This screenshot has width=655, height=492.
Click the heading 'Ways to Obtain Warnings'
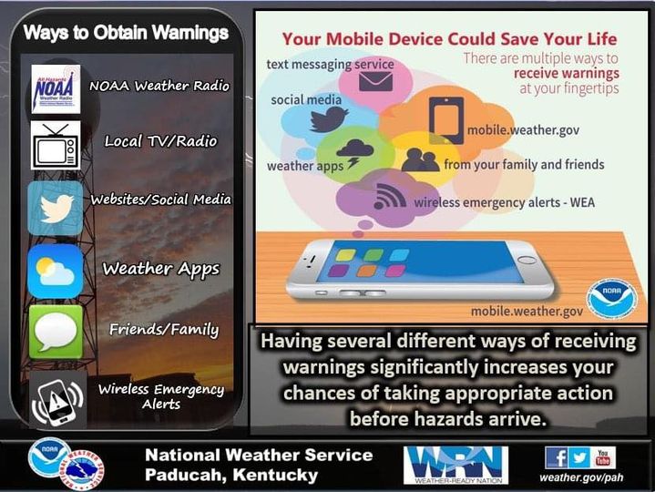[x=126, y=34]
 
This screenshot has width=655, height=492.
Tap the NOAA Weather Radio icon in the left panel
[x=56, y=87]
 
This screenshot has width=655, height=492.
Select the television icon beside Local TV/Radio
[x=56, y=144]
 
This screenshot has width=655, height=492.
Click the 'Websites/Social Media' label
[x=160, y=200]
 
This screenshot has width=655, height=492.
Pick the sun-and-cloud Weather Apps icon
[x=56, y=271]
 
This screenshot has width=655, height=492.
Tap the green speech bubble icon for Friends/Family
[x=56, y=331]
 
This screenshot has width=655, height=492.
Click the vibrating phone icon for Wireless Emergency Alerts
[x=56, y=399]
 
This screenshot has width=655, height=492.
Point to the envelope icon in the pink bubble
[x=374, y=82]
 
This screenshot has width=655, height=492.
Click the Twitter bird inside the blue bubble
[x=329, y=119]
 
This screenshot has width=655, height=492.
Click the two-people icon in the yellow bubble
[x=420, y=160]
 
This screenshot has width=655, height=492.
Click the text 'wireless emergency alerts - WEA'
[x=504, y=202]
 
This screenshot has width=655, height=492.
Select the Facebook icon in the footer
[x=556, y=457]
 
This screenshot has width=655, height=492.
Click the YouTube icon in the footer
[x=603, y=457]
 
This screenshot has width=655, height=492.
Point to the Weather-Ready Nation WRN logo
[x=455, y=463]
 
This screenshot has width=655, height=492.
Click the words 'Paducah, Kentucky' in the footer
[x=231, y=475]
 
